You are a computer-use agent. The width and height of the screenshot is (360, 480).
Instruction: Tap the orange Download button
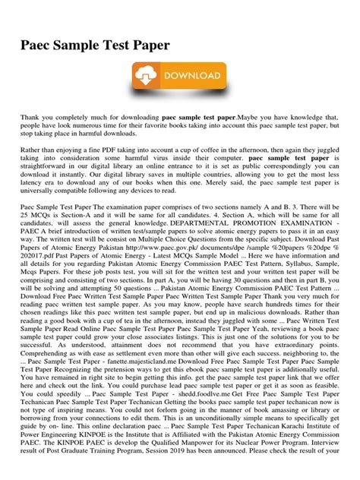tap(179, 80)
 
